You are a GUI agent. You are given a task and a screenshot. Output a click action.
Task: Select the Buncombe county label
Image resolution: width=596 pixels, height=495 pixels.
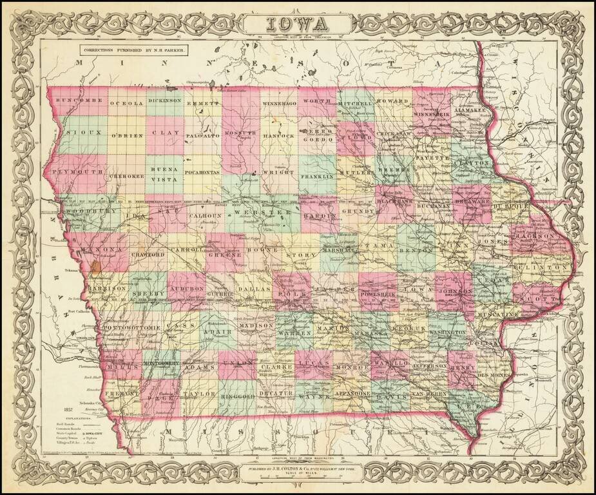coord(79,101)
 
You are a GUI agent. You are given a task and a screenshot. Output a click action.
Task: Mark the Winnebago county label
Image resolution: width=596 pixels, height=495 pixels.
coord(279,103)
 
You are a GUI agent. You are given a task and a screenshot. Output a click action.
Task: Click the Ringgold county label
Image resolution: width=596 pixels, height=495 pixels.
coord(238,393)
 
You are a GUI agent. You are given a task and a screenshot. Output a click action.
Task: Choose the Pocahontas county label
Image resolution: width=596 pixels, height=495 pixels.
coord(202,173)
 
